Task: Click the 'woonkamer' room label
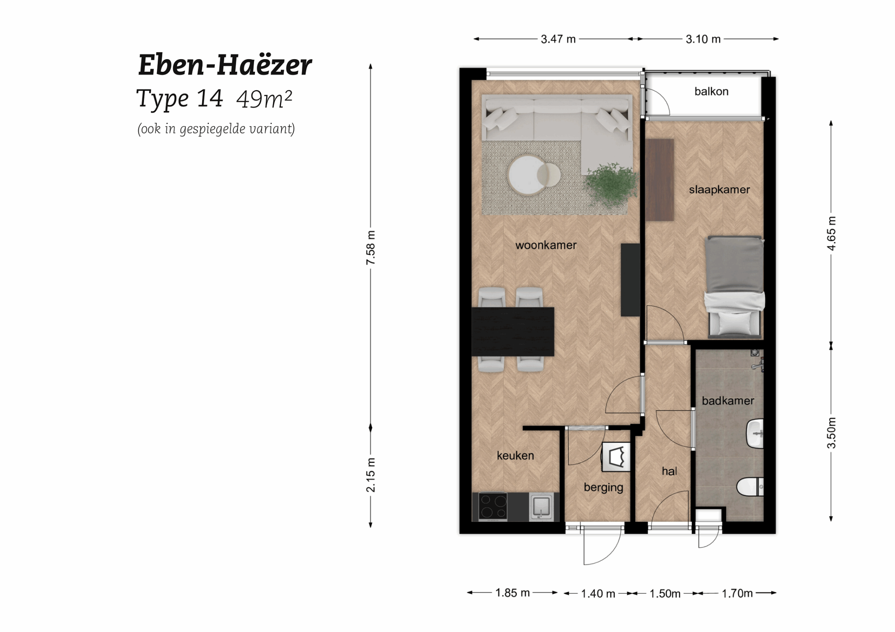(x=546, y=245)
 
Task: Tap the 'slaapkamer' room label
(x=719, y=190)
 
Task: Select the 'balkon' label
(x=711, y=91)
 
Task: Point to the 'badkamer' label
(x=728, y=401)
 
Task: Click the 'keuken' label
(x=515, y=455)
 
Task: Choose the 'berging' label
(x=603, y=487)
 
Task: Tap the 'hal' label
(x=669, y=471)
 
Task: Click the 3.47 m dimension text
(x=558, y=39)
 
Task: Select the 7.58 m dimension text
(x=371, y=248)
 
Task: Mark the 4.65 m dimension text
(x=831, y=233)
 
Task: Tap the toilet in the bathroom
(x=750, y=487)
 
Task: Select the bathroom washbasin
(x=755, y=434)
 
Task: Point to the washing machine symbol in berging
(x=616, y=457)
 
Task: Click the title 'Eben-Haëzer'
(x=225, y=65)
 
